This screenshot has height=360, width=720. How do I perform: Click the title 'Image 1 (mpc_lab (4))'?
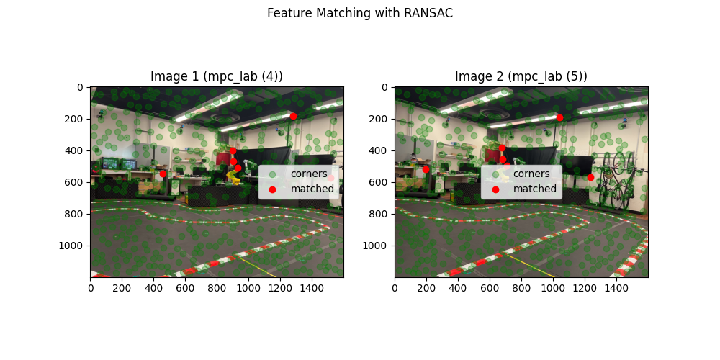(x=216, y=76)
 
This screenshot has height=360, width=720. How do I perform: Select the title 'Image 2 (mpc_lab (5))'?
(x=521, y=76)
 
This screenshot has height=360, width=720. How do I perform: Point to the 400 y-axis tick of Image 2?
(x=382, y=150)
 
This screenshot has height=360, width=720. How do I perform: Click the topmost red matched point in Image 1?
(x=293, y=116)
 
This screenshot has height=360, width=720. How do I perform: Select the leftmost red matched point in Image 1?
(x=163, y=174)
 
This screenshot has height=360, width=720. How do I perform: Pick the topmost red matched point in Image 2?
(x=559, y=117)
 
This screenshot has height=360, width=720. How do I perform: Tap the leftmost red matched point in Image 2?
(x=426, y=169)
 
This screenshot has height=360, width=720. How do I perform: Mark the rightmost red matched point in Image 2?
(x=590, y=177)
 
